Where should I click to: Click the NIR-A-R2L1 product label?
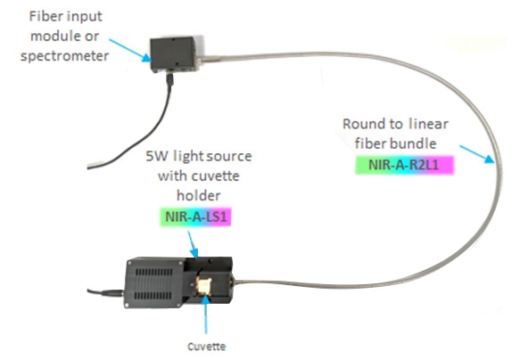(x=403, y=165)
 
